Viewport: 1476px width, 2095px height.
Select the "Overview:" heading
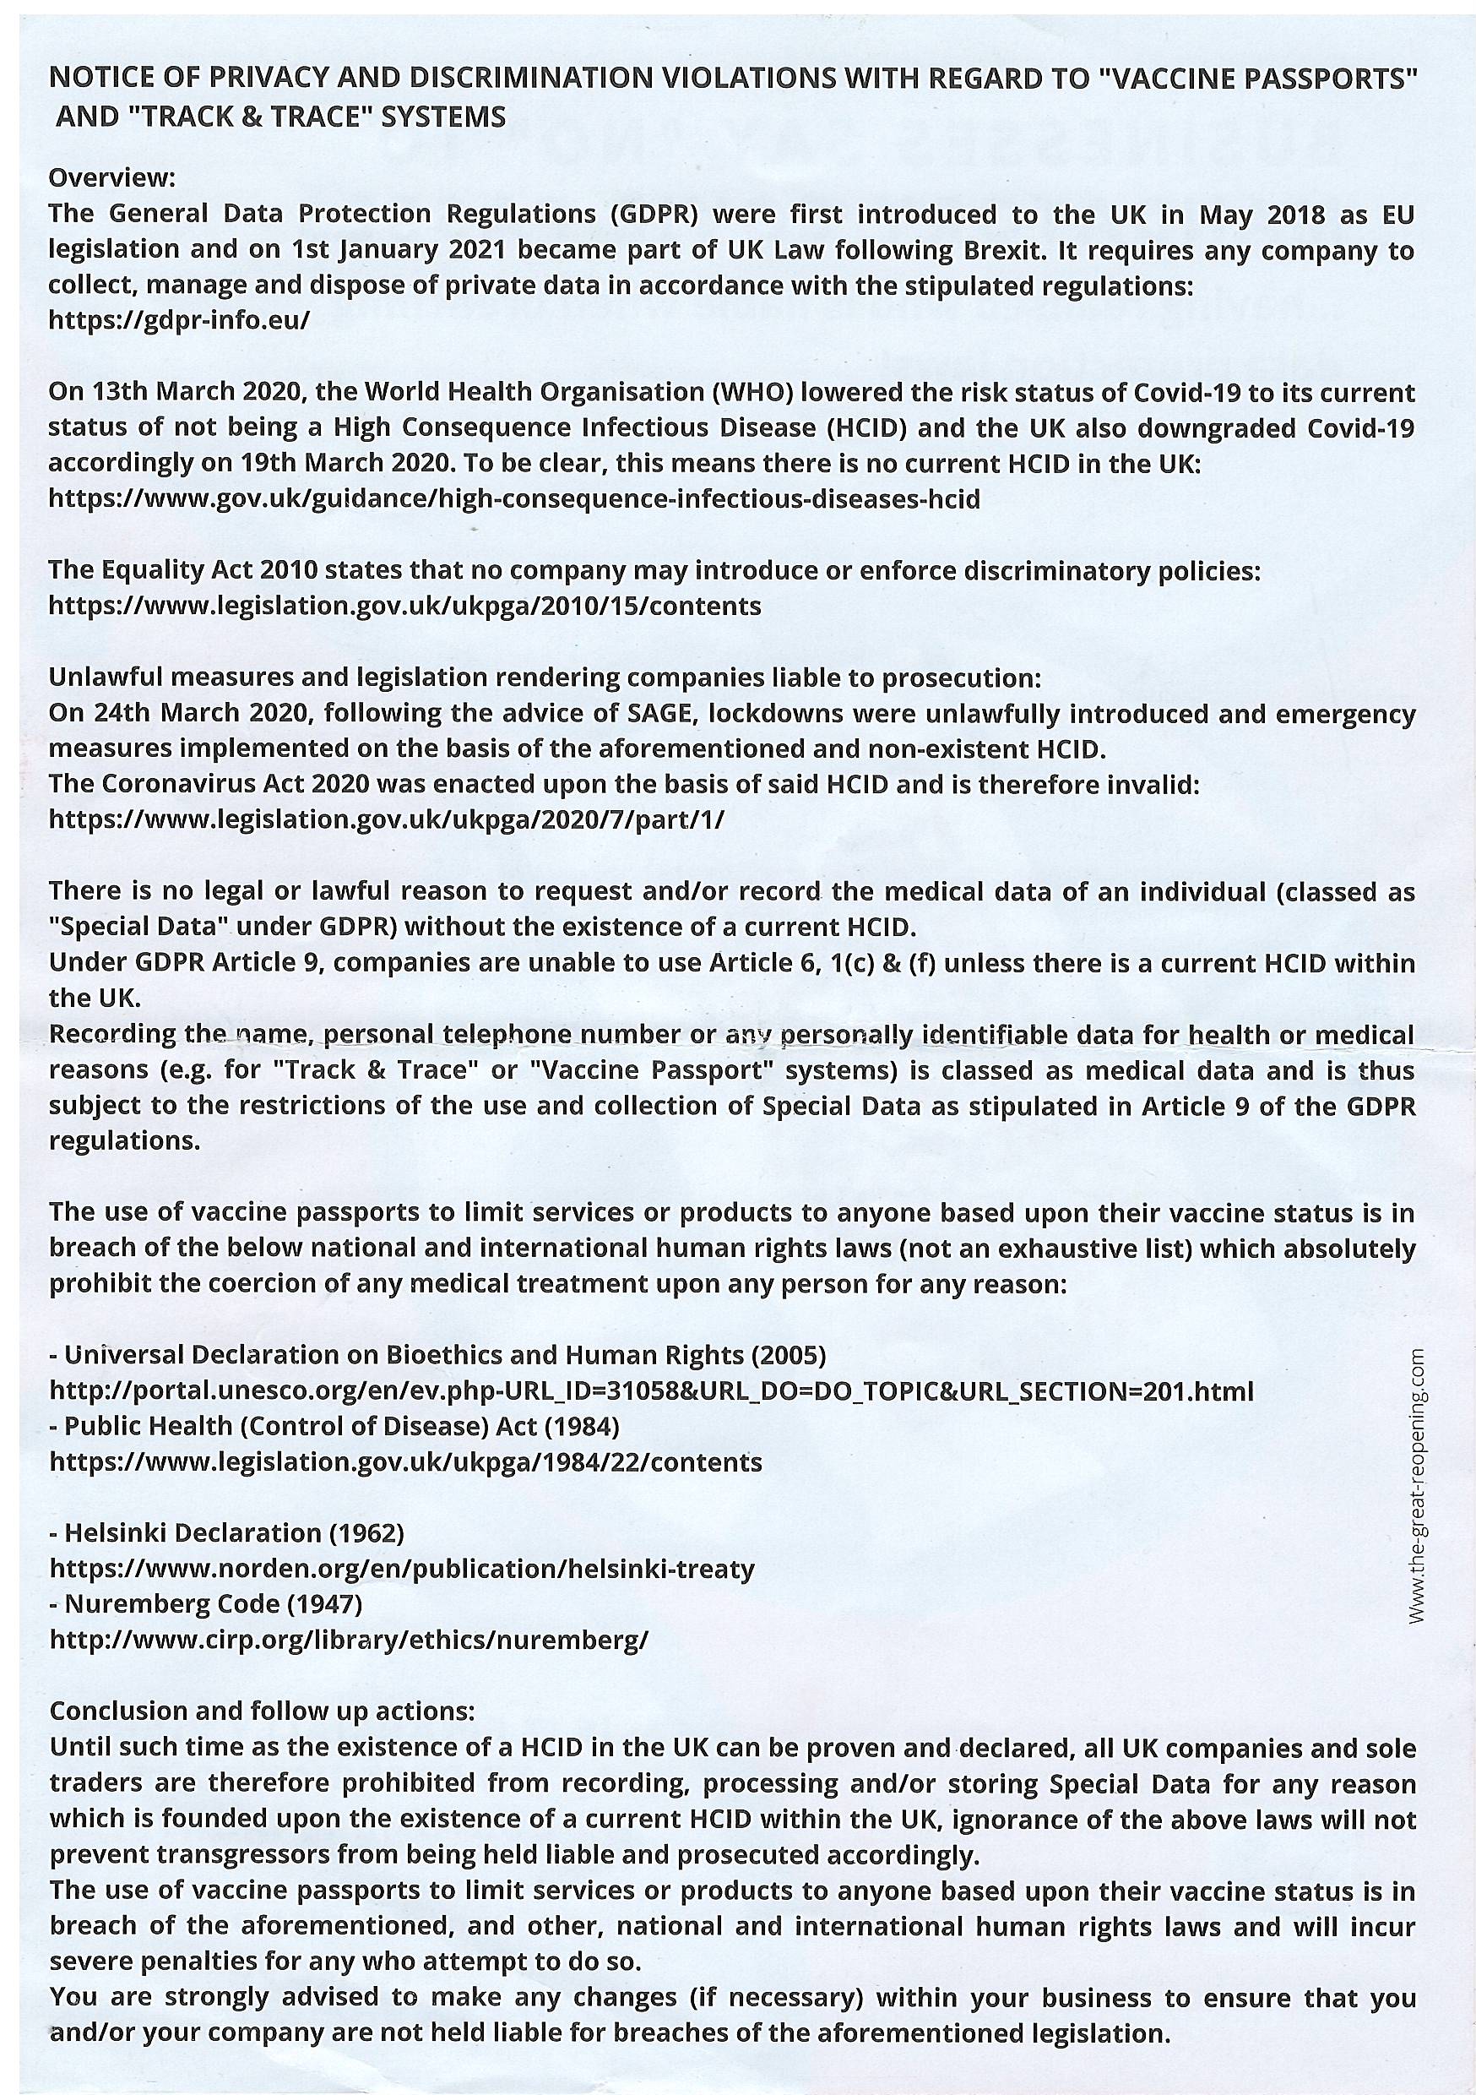pos(111,175)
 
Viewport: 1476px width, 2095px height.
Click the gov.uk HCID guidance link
pos(513,499)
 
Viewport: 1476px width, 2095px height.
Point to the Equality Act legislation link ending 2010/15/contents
pos(404,606)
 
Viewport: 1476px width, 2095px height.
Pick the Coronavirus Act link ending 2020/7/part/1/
pos(386,819)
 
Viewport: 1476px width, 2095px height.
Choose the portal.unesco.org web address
pos(651,1391)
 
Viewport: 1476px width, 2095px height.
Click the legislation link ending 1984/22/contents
pos(405,1462)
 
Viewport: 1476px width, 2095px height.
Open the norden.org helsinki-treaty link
pos(401,1570)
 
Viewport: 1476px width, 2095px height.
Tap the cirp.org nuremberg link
pos(349,1640)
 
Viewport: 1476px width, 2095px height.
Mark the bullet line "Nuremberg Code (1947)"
pos(206,1604)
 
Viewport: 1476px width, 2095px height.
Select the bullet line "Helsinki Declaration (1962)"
pos(227,1533)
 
